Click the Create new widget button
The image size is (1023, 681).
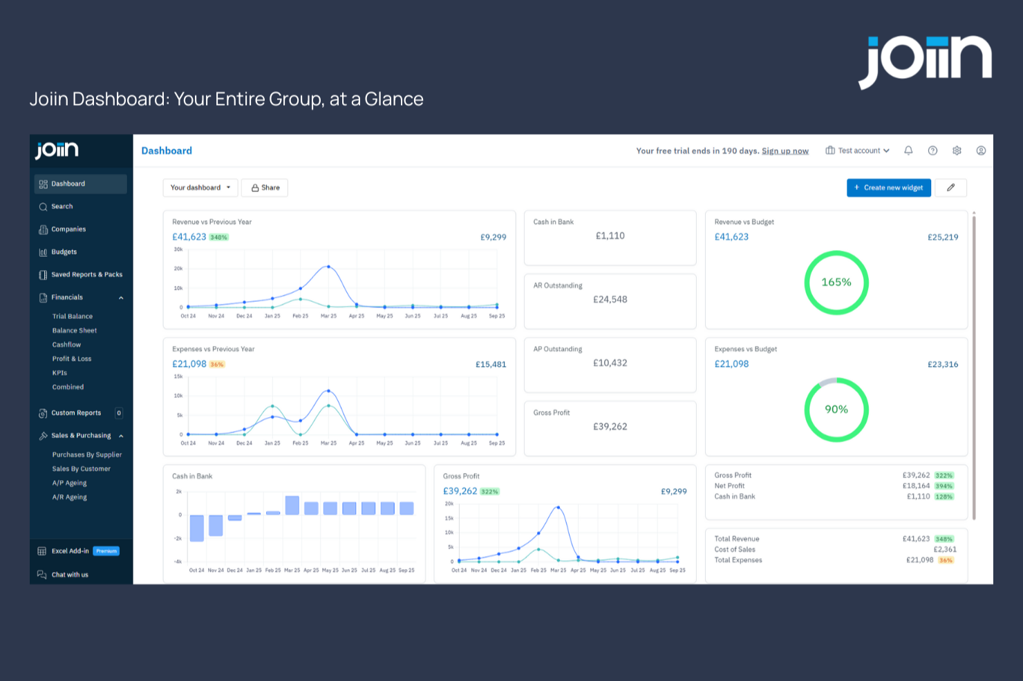(x=888, y=188)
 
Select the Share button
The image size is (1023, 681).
(x=265, y=188)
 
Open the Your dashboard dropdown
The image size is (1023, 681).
(x=200, y=188)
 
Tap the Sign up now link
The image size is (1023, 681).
(x=785, y=151)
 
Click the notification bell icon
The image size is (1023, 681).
(x=908, y=151)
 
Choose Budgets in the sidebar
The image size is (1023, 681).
(x=64, y=252)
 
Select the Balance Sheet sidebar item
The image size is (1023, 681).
(x=75, y=331)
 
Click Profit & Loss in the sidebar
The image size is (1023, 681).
(x=72, y=359)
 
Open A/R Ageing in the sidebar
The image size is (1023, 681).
(x=70, y=497)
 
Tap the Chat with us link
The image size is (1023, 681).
(x=70, y=575)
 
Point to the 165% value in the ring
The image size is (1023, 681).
(x=836, y=282)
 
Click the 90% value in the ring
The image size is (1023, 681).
(x=836, y=410)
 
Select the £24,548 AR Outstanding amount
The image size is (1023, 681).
(x=610, y=300)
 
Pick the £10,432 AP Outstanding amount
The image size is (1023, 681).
(x=610, y=363)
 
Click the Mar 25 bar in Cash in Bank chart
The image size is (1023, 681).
(x=292, y=506)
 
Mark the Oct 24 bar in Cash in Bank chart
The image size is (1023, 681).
(x=197, y=528)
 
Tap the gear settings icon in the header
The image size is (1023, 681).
(x=957, y=151)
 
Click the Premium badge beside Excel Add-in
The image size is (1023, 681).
(x=106, y=551)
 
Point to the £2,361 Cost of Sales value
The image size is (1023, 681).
(x=945, y=550)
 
